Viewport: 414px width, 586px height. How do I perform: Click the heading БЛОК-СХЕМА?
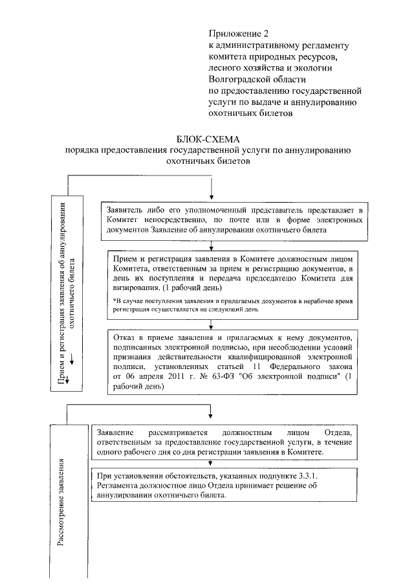207,140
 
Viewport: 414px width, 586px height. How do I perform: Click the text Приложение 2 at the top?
237,33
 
